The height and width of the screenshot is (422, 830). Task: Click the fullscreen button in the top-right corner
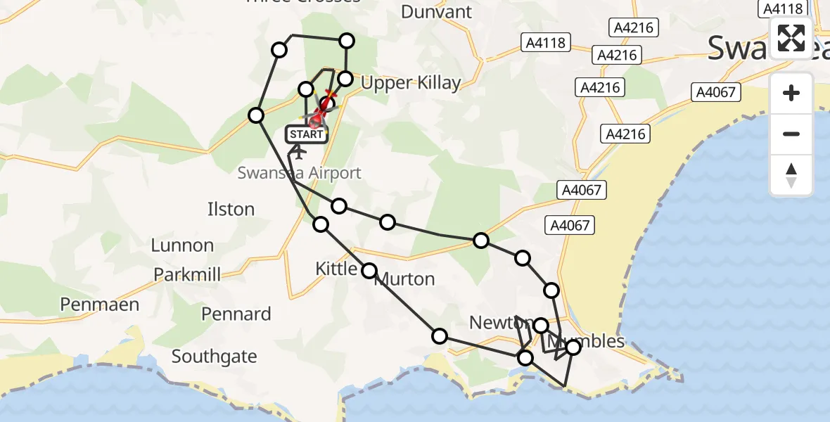[x=791, y=38]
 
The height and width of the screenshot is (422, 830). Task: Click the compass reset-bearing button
[x=791, y=175]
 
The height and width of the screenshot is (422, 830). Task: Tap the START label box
[x=306, y=134]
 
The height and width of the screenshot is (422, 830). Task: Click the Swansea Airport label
[x=300, y=173]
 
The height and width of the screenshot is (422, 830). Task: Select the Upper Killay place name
[x=410, y=83]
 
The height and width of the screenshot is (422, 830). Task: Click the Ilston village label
[x=231, y=209]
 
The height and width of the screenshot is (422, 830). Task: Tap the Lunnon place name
[x=182, y=245]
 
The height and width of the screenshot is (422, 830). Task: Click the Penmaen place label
[x=99, y=305]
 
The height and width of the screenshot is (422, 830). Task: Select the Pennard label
[x=236, y=314]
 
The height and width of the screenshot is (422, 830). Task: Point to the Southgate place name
[x=214, y=357]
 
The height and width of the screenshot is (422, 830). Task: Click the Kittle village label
[x=336, y=268]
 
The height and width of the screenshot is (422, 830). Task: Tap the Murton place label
[x=406, y=279]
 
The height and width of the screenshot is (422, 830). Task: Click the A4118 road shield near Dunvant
[x=546, y=43]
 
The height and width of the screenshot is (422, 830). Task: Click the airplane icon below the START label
[x=298, y=151]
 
